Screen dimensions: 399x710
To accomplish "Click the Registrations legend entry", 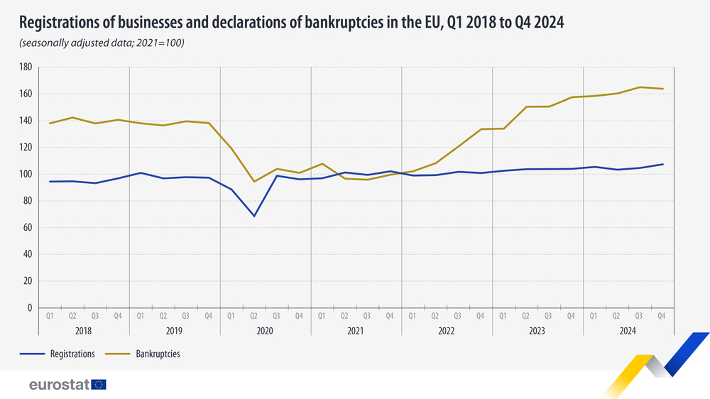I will [68, 354].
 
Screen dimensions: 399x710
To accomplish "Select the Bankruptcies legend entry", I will [157, 354].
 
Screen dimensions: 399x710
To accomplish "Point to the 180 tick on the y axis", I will [26, 67].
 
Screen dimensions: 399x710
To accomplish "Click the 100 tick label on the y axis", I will [26, 175].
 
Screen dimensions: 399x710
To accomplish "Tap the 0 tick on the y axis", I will [29, 308].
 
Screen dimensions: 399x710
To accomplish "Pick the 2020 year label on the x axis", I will [265, 331].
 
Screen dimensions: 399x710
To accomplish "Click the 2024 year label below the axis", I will [628, 331].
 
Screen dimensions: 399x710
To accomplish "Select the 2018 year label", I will [84, 331].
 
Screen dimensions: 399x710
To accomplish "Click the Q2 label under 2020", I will [253, 316].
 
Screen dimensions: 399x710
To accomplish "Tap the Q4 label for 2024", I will [662, 316].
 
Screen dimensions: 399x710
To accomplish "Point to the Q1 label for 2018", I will [50, 316].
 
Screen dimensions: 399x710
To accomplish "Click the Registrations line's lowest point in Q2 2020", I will [253, 216].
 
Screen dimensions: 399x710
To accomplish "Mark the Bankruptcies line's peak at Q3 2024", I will [639, 87].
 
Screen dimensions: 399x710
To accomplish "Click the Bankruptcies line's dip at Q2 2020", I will [253, 182].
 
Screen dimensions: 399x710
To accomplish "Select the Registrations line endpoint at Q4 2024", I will [662, 165].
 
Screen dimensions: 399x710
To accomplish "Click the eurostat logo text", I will [59, 385].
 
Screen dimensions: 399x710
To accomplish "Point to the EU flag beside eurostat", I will [99, 385].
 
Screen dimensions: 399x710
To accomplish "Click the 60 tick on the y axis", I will [27, 228].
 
